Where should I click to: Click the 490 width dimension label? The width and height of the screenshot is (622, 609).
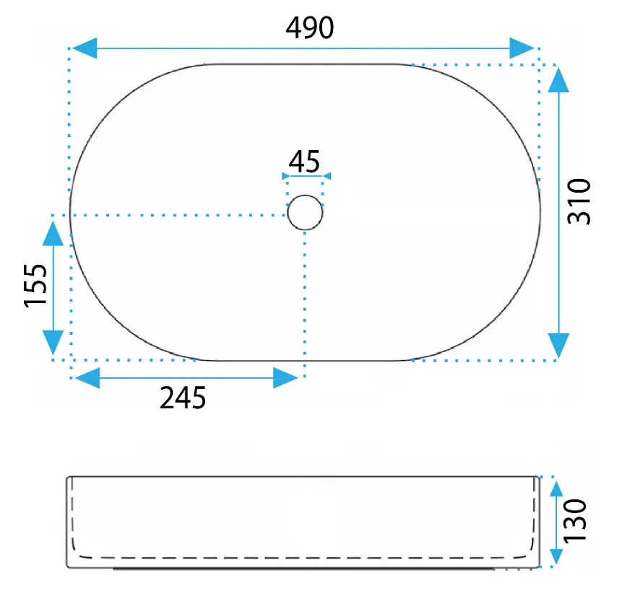310,27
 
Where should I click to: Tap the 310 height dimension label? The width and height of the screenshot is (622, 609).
579,202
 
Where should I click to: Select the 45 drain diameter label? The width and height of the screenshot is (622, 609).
304,162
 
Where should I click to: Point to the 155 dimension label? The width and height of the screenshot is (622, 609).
35,286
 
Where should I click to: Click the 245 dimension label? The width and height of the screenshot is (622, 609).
183,398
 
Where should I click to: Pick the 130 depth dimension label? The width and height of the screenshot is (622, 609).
575,521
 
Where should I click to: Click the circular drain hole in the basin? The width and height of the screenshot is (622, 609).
305,212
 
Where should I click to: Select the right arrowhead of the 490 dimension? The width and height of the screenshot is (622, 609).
522,48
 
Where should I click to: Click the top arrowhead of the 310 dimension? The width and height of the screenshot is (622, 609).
558,80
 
